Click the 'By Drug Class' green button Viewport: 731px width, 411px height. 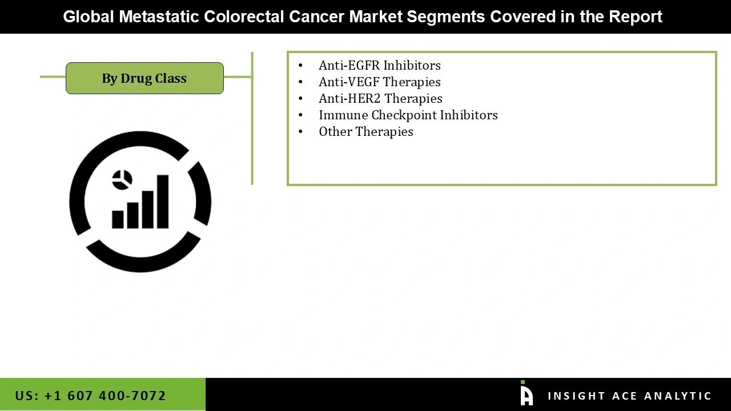point(144,78)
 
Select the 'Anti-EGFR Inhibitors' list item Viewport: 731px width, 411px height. point(379,65)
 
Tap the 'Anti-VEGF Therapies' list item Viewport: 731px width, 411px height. point(379,82)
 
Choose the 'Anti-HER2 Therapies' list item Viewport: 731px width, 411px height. point(380,98)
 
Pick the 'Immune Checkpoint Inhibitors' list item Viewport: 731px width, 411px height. point(408,115)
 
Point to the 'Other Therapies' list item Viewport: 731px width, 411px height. point(365,131)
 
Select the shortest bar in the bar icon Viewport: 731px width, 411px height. point(118,219)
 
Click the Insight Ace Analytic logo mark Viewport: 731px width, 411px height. point(526,394)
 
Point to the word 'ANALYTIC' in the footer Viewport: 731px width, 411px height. point(678,396)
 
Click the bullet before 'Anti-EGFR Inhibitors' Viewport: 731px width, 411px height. point(301,66)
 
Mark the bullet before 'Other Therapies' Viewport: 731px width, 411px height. point(301,132)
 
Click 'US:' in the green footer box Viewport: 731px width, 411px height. point(27,396)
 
